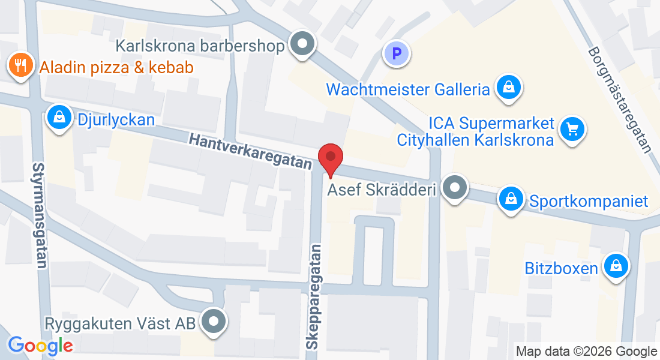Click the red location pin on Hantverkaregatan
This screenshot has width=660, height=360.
tap(330, 158)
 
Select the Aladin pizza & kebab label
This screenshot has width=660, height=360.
tap(116, 67)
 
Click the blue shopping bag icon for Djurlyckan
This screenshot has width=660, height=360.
tap(59, 118)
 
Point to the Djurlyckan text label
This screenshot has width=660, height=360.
tap(116, 119)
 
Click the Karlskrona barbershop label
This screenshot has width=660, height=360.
tap(199, 46)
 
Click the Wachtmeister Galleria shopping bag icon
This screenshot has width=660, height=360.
tap(509, 88)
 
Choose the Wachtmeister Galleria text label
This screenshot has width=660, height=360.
tap(408, 90)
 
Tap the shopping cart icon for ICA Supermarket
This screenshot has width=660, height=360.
tap(572, 128)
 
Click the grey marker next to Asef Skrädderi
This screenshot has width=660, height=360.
tap(455, 188)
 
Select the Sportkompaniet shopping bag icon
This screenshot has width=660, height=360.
tap(511, 199)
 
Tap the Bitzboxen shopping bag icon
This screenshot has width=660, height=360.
tap(615, 266)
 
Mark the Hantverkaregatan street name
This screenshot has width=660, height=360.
tap(250, 152)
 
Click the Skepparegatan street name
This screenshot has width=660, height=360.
tap(315, 296)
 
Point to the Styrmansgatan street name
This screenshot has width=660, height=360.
tap(40, 215)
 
